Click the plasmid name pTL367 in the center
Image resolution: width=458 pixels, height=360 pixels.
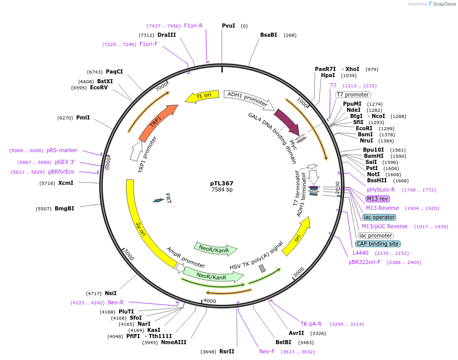pos(222,183)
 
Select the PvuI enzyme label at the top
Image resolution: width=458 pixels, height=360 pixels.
pos(228,26)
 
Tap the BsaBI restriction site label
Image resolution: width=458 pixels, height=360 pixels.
pos(268,35)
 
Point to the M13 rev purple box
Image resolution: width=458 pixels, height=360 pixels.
pos(377,199)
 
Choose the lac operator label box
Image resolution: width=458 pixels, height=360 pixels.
pos(379,217)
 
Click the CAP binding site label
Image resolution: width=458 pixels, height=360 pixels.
pos(378,244)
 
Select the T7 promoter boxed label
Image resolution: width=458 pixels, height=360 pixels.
pos(353,94)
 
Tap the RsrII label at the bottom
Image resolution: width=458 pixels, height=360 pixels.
pos(226,351)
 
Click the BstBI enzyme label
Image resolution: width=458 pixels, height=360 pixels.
pos(283,342)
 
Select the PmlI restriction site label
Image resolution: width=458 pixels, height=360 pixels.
pos(83,117)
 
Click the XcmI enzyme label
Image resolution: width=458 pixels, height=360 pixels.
pos(65,183)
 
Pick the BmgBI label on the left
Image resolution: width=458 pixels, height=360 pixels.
pos(65,208)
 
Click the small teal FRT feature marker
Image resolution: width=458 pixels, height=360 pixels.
pos(159,200)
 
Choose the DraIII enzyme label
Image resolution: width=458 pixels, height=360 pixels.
pos(167,35)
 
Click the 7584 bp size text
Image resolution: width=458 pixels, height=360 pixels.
pos(222,190)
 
